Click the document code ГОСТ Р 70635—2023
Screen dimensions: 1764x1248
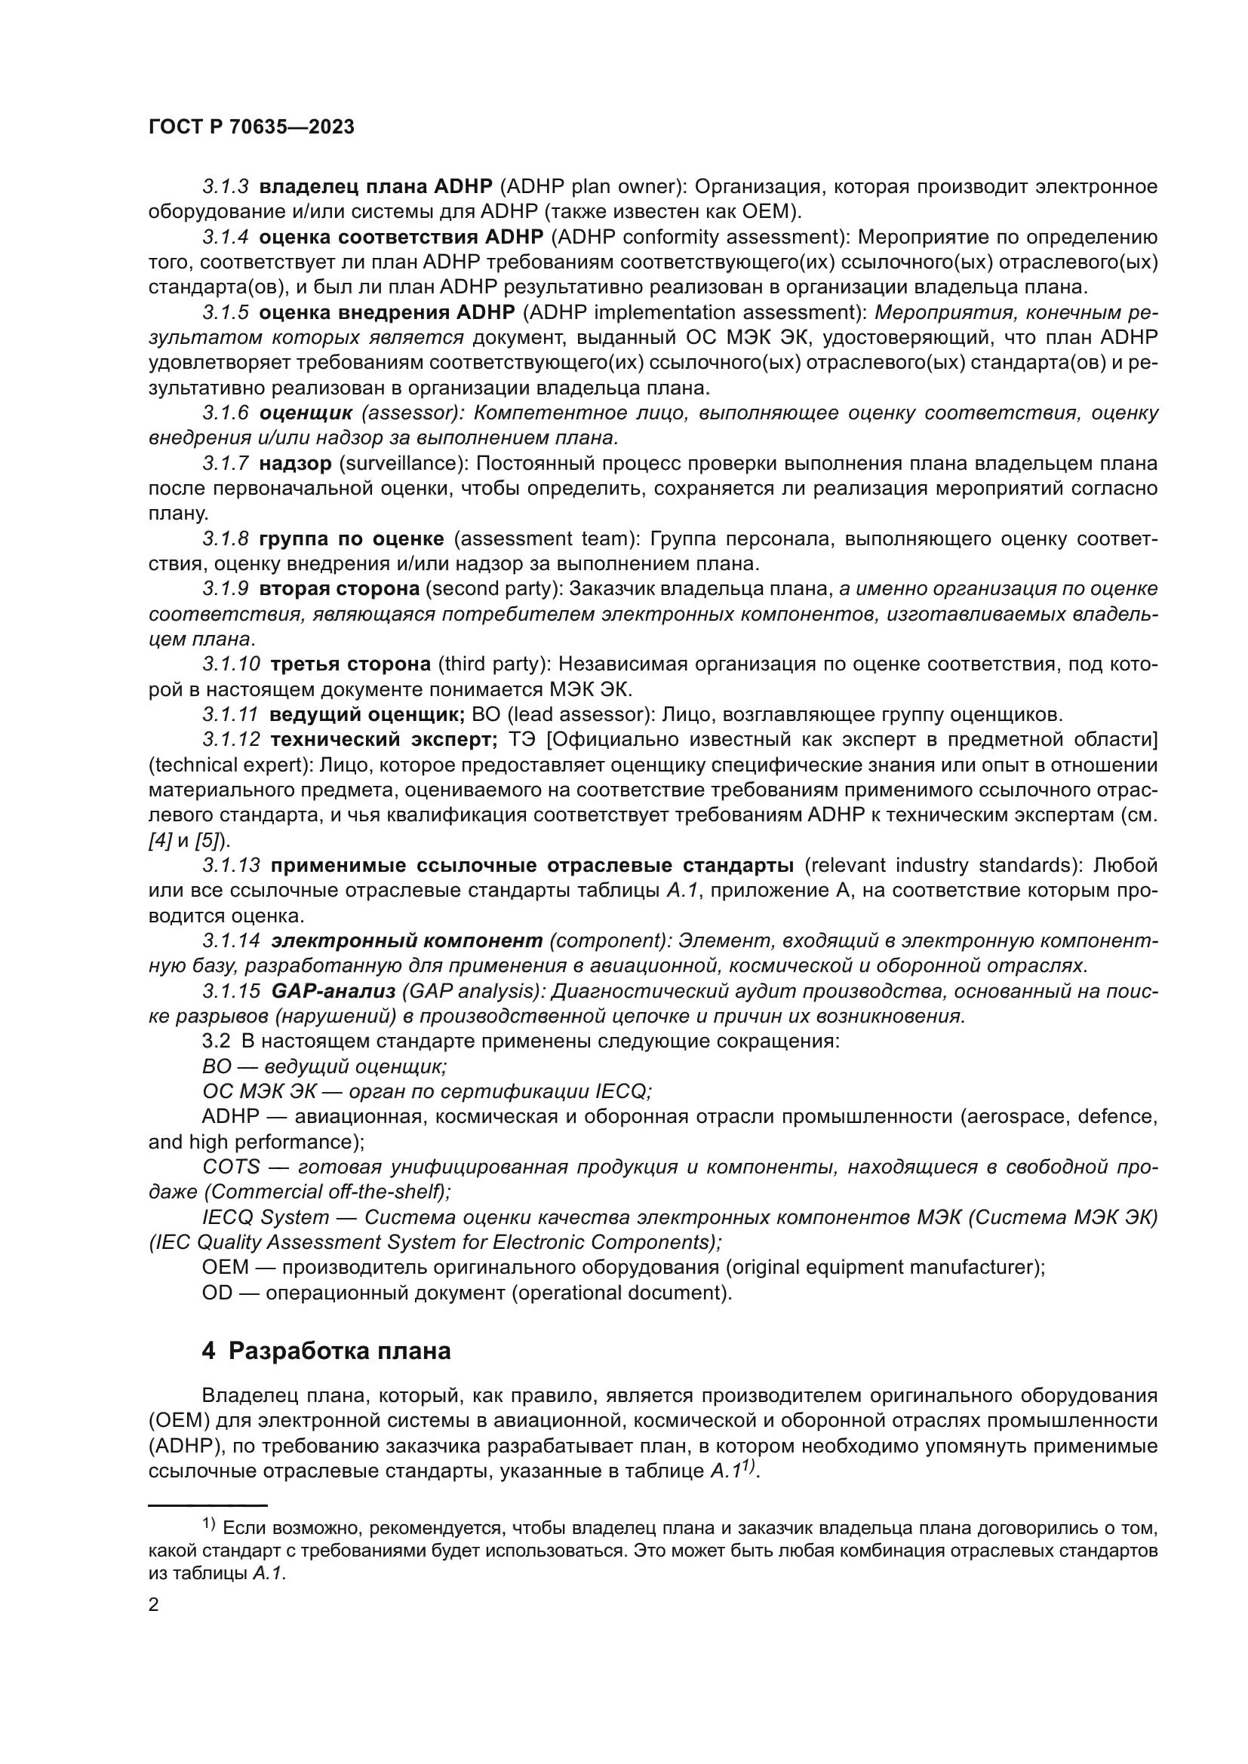[251, 127]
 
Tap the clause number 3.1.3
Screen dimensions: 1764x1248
[225, 187]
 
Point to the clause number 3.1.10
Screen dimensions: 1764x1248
[231, 664]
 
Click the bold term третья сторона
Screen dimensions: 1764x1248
[350, 664]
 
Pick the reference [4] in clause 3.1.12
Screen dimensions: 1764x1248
[159, 839]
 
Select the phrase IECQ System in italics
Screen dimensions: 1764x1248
[265, 1217]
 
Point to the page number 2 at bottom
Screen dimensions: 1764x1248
[154, 1605]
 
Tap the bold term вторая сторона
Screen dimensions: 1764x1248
[339, 588]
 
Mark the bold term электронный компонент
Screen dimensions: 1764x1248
[407, 940]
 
